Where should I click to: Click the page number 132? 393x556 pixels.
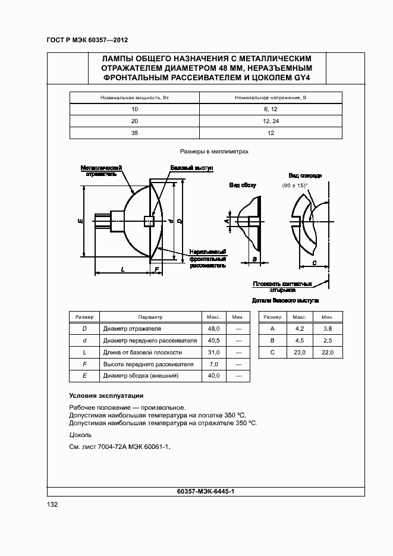(52, 504)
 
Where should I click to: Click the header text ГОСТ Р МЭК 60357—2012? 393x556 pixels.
(87, 40)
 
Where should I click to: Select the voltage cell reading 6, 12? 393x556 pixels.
(271, 109)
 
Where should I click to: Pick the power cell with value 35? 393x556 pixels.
(134, 133)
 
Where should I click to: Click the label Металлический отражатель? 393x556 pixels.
(101, 171)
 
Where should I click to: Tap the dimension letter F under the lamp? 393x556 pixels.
(156, 269)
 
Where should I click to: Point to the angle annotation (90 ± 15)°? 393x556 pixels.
(295, 186)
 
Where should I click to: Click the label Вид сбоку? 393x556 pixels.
(243, 186)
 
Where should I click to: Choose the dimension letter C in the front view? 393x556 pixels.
(313, 262)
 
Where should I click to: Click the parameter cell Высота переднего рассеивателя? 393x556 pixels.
(148, 364)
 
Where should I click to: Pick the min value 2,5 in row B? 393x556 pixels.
(328, 340)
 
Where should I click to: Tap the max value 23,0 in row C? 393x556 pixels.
(300, 352)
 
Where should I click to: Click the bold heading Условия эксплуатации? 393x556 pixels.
(106, 395)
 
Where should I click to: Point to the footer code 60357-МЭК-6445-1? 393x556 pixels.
(206, 491)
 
